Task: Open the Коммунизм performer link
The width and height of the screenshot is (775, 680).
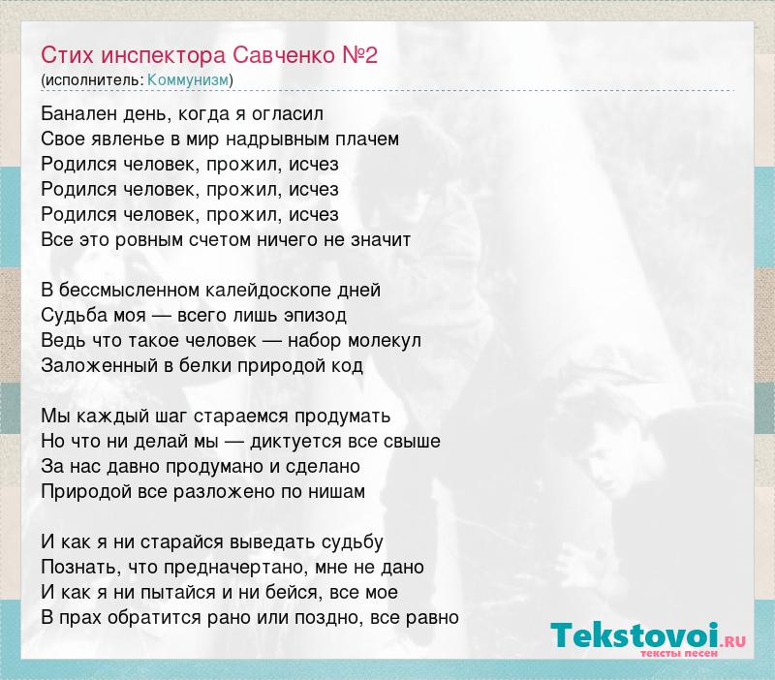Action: [x=188, y=80]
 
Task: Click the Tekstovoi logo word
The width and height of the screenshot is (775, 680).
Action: [x=635, y=635]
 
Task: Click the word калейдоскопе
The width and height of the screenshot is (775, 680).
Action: [x=268, y=291]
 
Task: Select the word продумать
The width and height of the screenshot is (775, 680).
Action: [x=343, y=417]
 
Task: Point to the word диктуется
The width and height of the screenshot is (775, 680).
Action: [x=295, y=442]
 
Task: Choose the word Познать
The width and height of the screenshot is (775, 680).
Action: [x=80, y=568]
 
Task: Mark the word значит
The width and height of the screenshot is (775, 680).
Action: [x=381, y=240]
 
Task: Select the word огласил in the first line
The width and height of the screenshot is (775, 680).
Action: [x=288, y=114]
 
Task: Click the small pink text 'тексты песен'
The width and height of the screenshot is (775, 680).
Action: [x=679, y=653]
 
